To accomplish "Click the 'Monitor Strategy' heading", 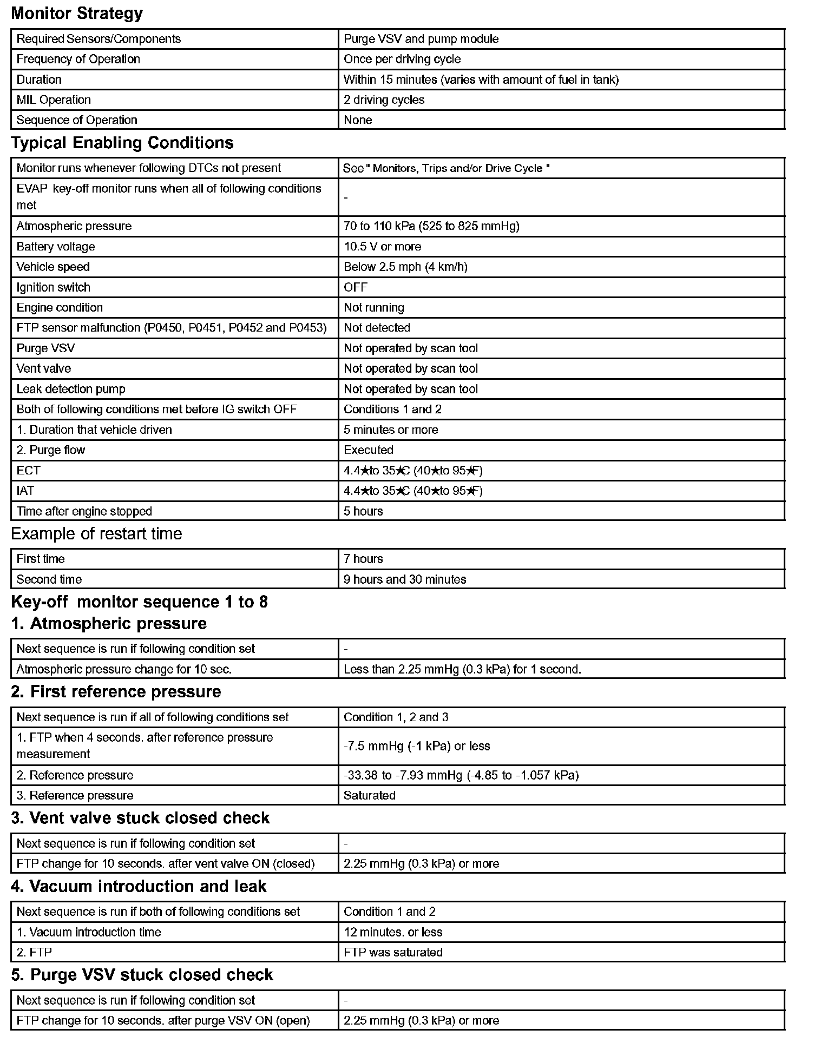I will tap(77, 14).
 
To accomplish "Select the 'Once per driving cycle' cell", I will tap(402, 59).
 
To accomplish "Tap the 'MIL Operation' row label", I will tap(54, 100).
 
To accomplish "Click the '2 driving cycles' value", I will tap(384, 100).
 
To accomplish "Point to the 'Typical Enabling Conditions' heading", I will tap(122, 143).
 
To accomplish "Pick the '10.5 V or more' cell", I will tap(382, 247).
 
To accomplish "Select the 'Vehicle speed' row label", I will tap(53, 267).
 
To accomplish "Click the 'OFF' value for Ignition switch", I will tap(355, 287).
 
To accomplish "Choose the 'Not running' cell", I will tap(373, 307).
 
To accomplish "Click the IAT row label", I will tap(25, 491).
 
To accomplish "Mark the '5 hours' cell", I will tap(363, 511).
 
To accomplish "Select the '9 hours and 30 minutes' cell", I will tap(405, 579).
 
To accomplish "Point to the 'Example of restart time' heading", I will tap(96, 534).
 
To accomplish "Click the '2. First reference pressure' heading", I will tap(116, 692).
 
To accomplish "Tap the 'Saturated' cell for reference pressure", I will tap(370, 795).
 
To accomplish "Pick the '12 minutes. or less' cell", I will tap(393, 932).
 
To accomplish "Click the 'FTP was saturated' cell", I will tap(393, 952).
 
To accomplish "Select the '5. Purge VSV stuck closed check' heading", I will tap(142, 975).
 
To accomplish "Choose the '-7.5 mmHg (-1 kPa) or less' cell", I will tap(417, 746).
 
